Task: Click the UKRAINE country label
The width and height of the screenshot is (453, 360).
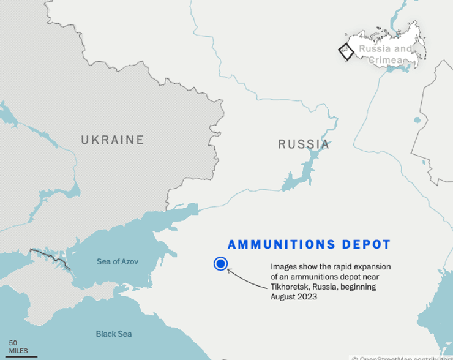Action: [113, 140]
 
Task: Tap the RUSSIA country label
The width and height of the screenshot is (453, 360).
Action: [304, 144]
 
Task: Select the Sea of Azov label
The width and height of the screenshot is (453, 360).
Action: [118, 261]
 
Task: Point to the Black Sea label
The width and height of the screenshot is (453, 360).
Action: [113, 334]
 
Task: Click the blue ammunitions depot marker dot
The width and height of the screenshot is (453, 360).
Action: [220, 264]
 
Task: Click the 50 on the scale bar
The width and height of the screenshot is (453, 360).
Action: [13, 343]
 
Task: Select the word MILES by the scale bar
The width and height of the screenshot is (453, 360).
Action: [18, 351]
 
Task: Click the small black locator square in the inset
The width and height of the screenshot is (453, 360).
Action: [346, 51]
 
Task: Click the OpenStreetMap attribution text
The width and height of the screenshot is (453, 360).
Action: [404, 358]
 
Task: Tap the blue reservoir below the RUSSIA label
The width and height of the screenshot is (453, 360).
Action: [300, 174]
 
